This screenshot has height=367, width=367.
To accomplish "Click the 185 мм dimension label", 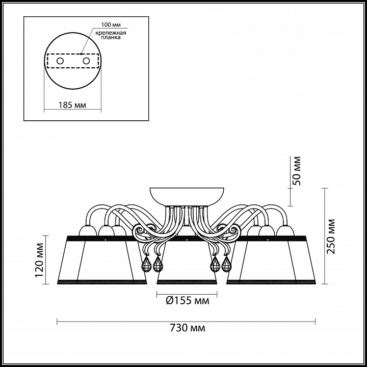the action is pyautogui.click(x=72, y=105).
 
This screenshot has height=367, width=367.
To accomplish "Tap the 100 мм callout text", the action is pyautogui.click(x=111, y=25).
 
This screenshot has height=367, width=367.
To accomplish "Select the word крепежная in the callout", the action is pyautogui.click(x=111, y=33).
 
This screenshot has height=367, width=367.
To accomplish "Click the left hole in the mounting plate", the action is pyautogui.click(x=60, y=61).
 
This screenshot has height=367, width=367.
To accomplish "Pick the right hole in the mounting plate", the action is pyautogui.click(x=86, y=61).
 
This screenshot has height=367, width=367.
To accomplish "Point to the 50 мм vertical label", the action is pyautogui.click(x=297, y=171).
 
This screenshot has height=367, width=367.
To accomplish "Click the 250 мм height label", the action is pyautogui.click(x=331, y=237).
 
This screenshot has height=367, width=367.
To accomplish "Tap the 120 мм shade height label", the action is pyautogui.click(x=39, y=260).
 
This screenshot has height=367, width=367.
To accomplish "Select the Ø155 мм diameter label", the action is pyautogui.click(x=188, y=300).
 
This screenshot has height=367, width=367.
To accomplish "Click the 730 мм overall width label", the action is pyautogui.click(x=188, y=328).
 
